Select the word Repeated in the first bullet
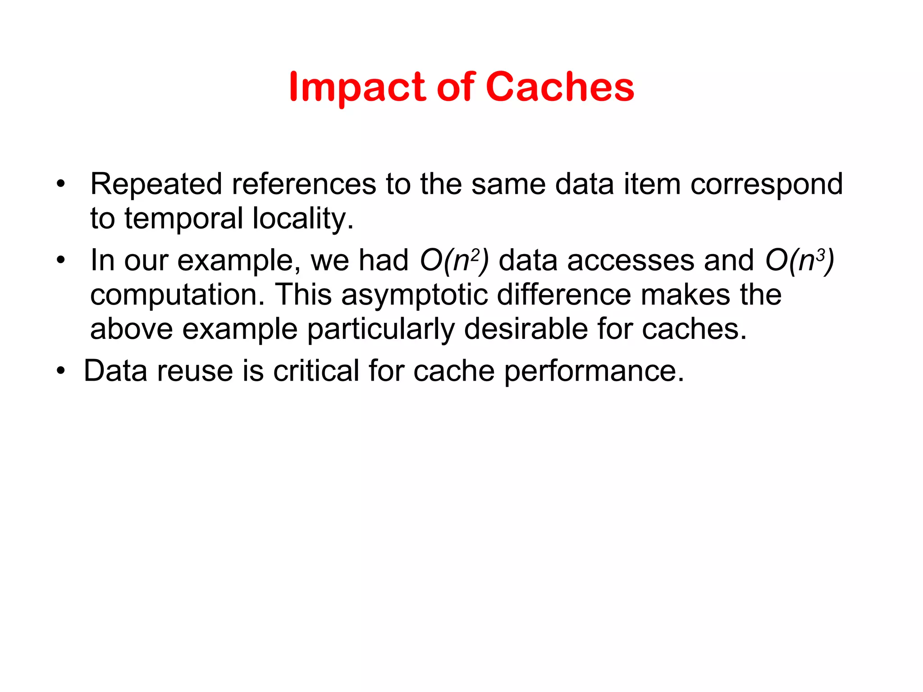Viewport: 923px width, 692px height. pos(156,184)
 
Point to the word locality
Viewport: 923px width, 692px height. pos(303,219)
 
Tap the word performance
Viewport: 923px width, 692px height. pos(594,372)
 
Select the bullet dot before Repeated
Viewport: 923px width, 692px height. pos(61,184)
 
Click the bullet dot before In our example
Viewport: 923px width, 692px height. pos(61,260)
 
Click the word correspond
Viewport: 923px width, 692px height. pos(766,185)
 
